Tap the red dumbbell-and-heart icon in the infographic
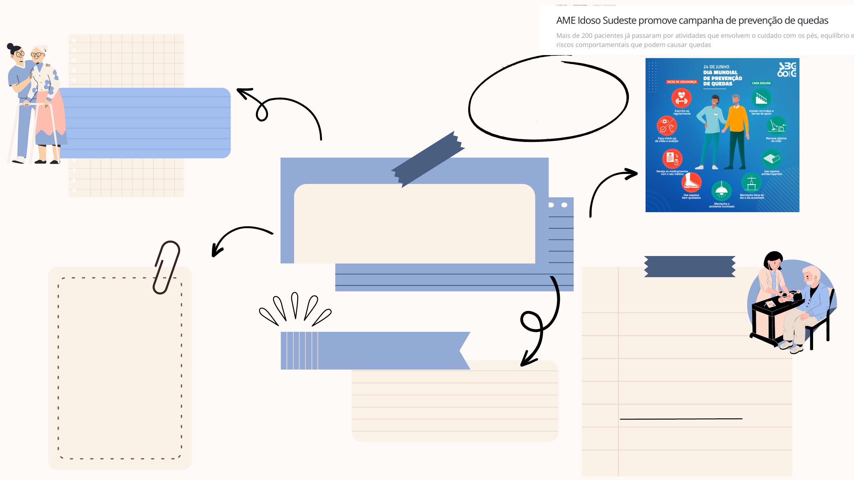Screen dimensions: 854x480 (x=681, y=98)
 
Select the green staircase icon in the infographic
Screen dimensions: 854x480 (x=761, y=98)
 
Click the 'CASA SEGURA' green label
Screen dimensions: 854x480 (x=761, y=83)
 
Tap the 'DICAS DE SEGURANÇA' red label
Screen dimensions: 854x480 (x=682, y=82)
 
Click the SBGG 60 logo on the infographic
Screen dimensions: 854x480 (x=786, y=70)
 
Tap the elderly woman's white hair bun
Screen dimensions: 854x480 (x=45, y=47)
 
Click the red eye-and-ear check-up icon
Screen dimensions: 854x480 (x=666, y=126)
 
